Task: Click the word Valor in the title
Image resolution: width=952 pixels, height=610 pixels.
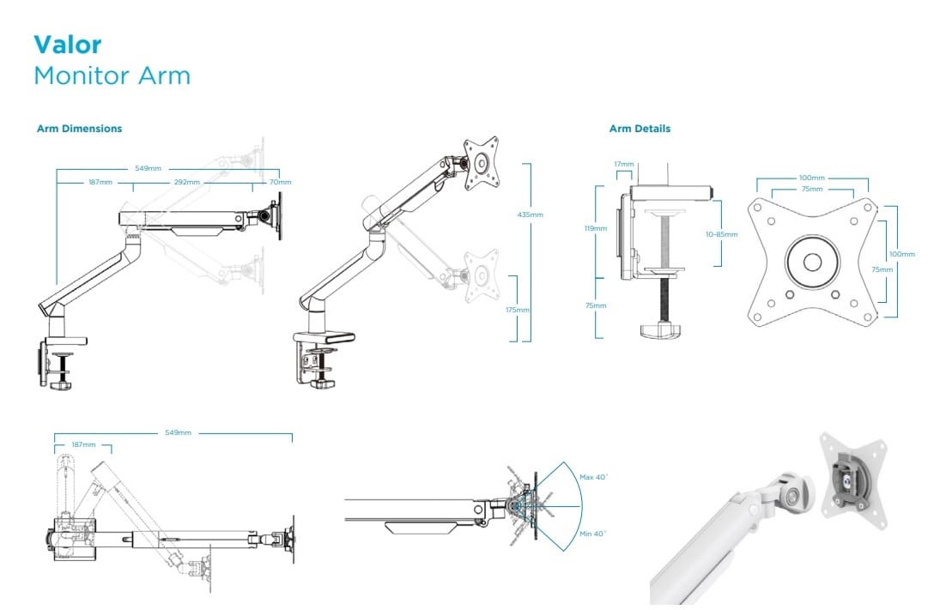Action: [68, 45]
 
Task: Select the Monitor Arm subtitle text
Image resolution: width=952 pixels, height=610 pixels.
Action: [112, 75]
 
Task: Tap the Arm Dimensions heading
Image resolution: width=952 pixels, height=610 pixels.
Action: [80, 129]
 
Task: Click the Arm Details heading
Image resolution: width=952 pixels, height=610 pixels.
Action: [640, 129]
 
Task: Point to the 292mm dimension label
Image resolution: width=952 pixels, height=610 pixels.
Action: [188, 182]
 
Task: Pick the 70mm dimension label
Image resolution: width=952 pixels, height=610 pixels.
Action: [280, 182]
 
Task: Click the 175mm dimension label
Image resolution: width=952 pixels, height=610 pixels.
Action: [518, 310]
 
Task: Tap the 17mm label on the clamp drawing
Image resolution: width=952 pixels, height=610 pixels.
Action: [624, 164]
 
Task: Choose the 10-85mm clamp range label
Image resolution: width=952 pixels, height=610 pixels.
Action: [722, 233]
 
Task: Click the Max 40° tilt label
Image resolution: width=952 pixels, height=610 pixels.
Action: [592, 477]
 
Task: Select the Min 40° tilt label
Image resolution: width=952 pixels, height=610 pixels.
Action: [592, 533]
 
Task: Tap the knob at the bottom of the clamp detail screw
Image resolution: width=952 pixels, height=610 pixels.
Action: [659, 330]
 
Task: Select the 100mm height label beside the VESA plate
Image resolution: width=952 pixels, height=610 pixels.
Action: [902, 254]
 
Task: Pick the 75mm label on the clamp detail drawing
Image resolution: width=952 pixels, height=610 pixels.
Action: [597, 305]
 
